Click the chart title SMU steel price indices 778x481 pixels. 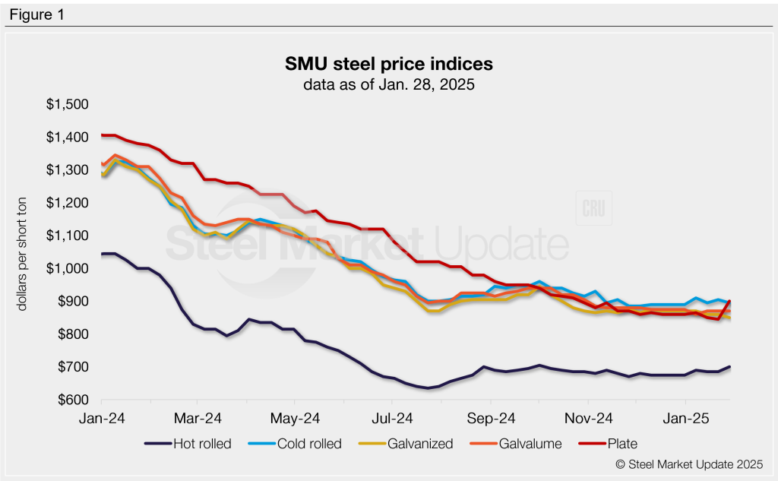click(388, 63)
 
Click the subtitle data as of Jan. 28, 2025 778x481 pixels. click(388, 84)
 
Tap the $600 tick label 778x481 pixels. click(74, 400)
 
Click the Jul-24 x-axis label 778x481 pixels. click(394, 418)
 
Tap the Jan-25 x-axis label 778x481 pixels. click(687, 418)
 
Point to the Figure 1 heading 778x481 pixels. click(37, 14)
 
